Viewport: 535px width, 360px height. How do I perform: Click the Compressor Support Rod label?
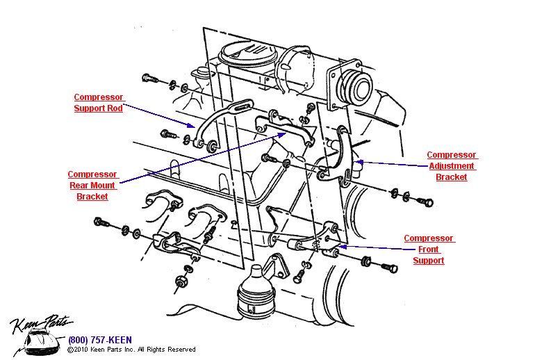pos(98,103)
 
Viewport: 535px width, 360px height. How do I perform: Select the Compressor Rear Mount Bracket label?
pos(92,186)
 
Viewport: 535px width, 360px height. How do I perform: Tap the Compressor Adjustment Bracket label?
pos(452,166)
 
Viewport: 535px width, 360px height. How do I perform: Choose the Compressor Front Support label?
pos(429,249)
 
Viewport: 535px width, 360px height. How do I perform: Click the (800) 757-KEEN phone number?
pos(100,340)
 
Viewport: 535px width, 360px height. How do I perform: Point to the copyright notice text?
pos(131,350)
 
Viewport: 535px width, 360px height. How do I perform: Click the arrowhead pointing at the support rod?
pos(191,125)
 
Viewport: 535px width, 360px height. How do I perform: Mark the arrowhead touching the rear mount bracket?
pos(281,135)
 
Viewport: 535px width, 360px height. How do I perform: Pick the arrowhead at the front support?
pos(343,246)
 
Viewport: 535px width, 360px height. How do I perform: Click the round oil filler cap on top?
pos(247,54)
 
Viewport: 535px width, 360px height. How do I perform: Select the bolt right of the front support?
pos(389,268)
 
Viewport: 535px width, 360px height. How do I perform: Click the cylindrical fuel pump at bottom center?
pos(256,293)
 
